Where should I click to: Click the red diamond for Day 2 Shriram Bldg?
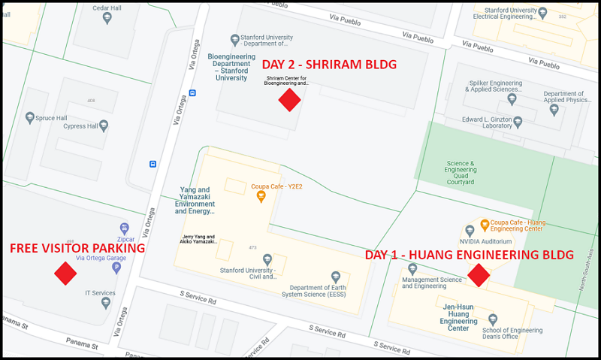(x=289, y=99)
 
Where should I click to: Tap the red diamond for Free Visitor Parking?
(x=65, y=274)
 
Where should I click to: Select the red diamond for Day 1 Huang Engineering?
(x=479, y=276)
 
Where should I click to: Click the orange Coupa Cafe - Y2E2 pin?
(x=261, y=197)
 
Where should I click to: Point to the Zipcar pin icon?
(x=125, y=228)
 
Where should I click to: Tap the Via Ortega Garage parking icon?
(x=116, y=266)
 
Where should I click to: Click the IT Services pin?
(x=105, y=302)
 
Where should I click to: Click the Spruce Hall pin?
(x=30, y=118)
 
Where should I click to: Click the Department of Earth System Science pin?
(x=336, y=277)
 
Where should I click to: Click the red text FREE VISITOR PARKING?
(x=77, y=248)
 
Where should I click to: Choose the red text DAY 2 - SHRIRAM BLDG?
(x=328, y=65)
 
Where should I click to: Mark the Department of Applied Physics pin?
(x=554, y=110)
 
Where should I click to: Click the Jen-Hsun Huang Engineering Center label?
(x=458, y=317)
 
